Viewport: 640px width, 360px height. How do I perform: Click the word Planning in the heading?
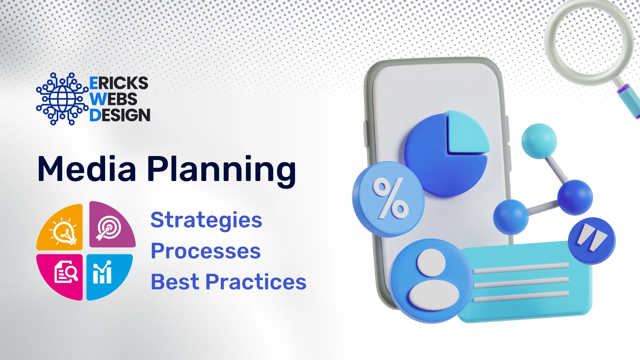point(222,171)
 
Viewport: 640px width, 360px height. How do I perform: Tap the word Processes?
point(206,251)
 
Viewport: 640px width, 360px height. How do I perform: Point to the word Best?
point(175,282)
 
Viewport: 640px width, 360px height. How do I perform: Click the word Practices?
point(256,282)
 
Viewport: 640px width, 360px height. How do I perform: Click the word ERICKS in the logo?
point(119,83)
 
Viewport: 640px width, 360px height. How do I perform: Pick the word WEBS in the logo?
point(113,99)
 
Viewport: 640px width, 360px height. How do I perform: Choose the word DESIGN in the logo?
point(120,115)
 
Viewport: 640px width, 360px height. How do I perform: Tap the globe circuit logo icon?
point(62,99)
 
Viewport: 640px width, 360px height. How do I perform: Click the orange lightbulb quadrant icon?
point(60,227)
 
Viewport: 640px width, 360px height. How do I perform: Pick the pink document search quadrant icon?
point(60,277)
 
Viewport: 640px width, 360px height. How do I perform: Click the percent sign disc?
point(388,199)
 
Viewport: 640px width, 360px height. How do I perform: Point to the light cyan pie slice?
point(467,133)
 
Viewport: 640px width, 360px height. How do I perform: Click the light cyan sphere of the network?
point(539,141)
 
